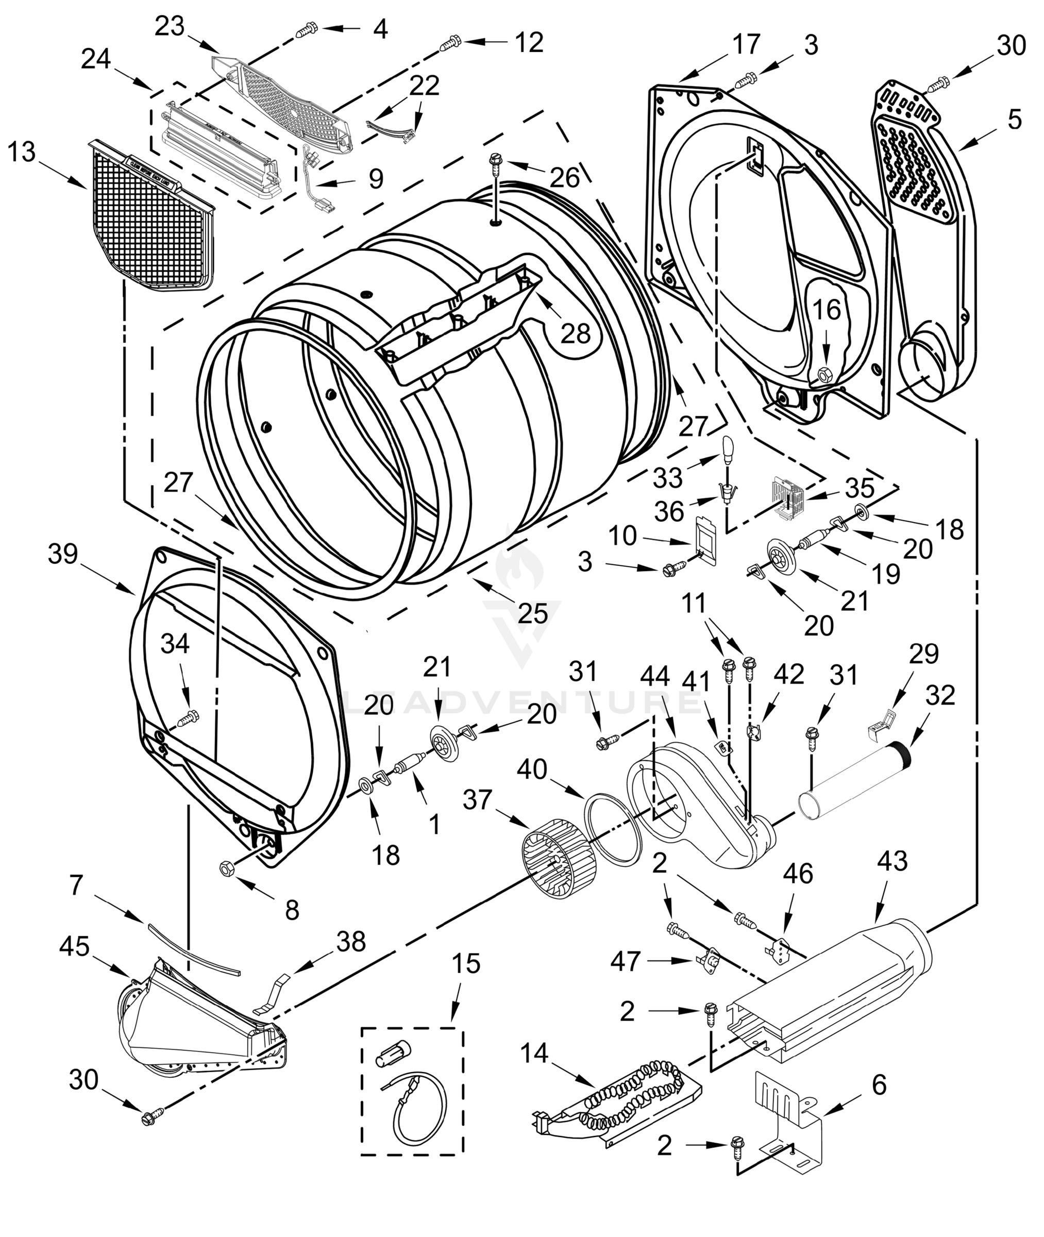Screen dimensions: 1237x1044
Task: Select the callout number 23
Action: tap(170, 27)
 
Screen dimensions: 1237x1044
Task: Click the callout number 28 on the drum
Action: tap(575, 335)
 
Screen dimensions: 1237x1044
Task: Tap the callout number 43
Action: tap(893, 861)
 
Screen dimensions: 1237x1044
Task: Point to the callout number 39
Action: tap(63, 554)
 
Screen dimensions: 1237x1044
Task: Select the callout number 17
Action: tap(745, 44)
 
